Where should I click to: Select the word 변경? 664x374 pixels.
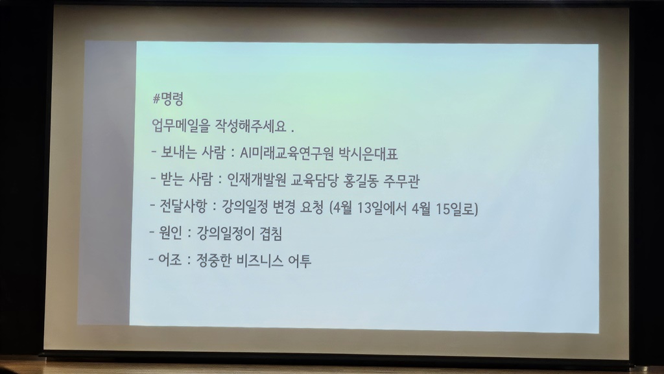280,209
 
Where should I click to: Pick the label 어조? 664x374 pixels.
172,262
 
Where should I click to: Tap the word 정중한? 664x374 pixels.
215,262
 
